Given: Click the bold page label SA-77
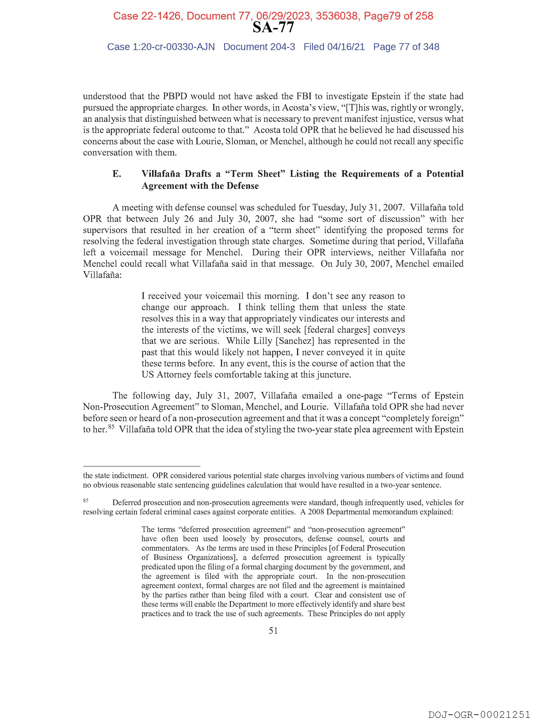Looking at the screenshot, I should coord(273,28).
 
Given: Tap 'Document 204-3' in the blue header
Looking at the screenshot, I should coord(259,47).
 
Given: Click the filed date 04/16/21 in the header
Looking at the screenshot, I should coord(346,47).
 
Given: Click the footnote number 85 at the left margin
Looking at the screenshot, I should coord(86,500).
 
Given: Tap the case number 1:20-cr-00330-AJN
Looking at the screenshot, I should coord(174,47).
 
